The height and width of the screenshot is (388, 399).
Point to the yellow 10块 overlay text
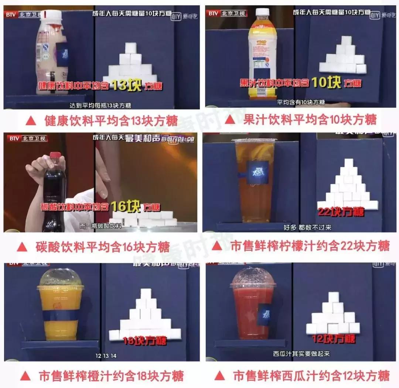click(325, 82)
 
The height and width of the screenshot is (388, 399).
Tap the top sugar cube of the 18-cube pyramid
click(146, 294)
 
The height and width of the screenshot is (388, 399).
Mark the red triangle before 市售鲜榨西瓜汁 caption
click(219, 375)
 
